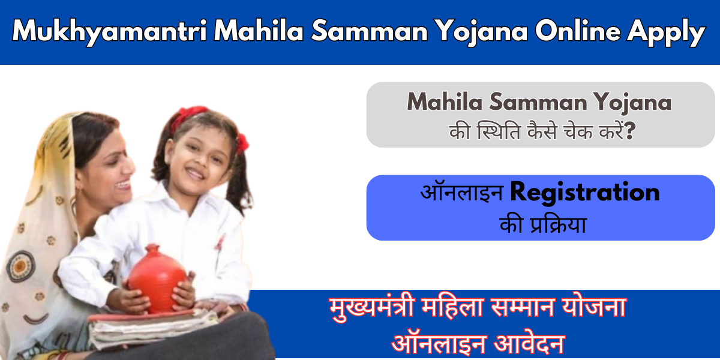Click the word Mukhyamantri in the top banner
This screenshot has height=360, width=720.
click(109, 31)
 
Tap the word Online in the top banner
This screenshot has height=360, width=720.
click(578, 31)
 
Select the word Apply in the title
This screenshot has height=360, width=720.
click(666, 32)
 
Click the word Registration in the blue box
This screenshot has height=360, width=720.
click(585, 193)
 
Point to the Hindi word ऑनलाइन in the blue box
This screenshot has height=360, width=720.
click(462, 192)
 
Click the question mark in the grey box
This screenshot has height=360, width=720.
click(631, 131)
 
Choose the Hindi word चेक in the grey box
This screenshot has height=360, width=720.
click(578, 131)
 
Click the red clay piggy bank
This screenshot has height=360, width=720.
click(157, 278)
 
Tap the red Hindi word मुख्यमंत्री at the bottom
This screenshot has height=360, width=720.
click(371, 308)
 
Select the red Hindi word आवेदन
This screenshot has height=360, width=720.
click(529, 344)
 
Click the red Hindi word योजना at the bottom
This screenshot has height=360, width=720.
click(595, 307)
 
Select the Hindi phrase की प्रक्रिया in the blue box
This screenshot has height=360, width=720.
click(542, 224)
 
